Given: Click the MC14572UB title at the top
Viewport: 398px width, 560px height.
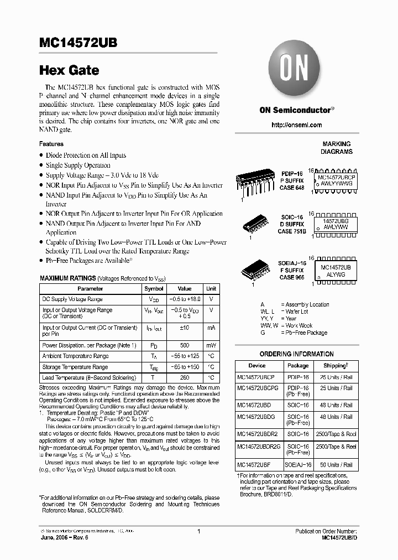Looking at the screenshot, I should pyautogui.click(x=78, y=45).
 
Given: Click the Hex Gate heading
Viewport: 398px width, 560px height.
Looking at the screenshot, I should pyautogui.click(x=69, y=70).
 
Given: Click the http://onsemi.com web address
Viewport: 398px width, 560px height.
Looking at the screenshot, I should pyautogui.click(x=297, y=125).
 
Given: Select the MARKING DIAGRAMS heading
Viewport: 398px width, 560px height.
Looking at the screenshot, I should pyautogui.click(x=337, y=147).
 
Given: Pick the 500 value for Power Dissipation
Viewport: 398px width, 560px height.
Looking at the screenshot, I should pyautogui.click(x=184, y=345).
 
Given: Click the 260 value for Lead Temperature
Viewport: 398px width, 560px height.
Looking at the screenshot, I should pyautogui.click(x=184, y=378).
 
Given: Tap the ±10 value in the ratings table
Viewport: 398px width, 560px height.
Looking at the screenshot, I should pyautogui.click(x=184, y=328).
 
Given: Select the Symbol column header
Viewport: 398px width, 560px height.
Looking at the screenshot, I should pyautogui.click(x=154, y=288).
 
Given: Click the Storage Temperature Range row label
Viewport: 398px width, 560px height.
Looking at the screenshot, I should pyautogui.click(x=75, y=367).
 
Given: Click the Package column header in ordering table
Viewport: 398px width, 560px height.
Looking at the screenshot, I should pyautogui.click(x=298, y=366).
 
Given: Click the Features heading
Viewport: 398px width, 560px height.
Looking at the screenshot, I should pyautogui.click(x=51, y=144).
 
